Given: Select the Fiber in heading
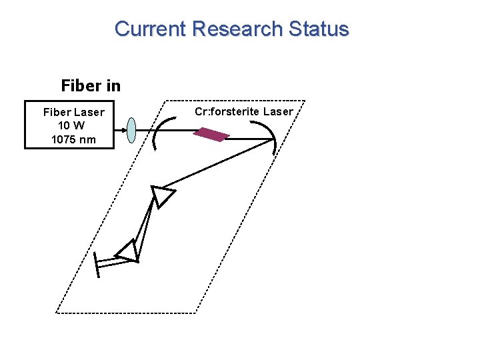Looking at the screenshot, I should coord(91,85).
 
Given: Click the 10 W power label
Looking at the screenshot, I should coord(72,125).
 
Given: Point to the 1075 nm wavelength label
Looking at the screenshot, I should coord(73,139).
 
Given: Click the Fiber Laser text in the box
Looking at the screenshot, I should coord(73,112).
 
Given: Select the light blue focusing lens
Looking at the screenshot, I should coord(132,131).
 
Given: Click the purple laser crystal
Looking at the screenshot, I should coord(211,135).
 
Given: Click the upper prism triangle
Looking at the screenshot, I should coord(161,196).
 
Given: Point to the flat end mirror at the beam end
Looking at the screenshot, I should coord(97,265).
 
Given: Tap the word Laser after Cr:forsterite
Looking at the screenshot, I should coord(278,111).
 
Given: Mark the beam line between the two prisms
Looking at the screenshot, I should coord(146,223).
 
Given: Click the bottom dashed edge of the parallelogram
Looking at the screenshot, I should coord(127,313).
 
